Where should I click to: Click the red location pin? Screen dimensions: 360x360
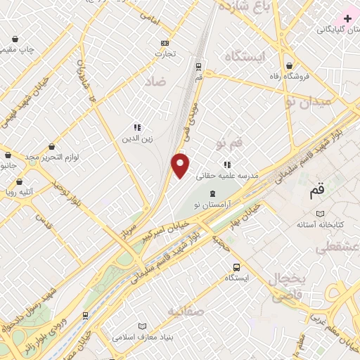point(181,165)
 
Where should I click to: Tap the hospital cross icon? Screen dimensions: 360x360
point(348,18)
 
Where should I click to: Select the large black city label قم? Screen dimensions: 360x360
point(317,190)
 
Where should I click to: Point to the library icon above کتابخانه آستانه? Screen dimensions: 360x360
point(321,213)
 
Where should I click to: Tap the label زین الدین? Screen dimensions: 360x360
point(138,139)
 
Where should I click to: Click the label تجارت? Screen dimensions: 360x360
point(165,53)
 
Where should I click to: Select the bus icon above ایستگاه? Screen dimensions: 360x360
point(236,267)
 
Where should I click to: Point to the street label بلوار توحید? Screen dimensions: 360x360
point(67,190)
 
